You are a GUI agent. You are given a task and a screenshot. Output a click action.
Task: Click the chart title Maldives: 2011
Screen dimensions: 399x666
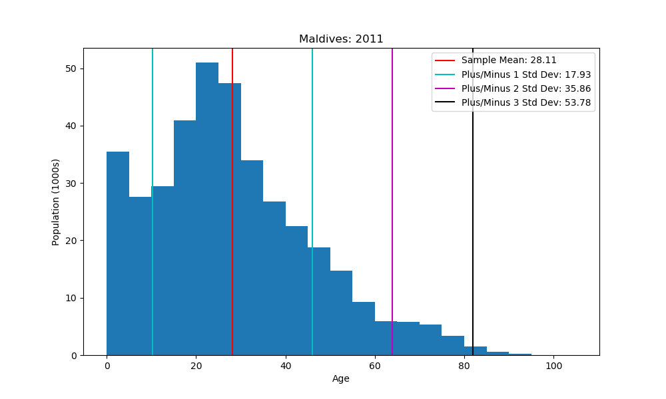pos(341,39)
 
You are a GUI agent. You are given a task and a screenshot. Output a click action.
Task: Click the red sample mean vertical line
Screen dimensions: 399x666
pos(232,199)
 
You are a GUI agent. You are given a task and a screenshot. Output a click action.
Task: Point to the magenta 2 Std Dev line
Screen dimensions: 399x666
pos(392,199)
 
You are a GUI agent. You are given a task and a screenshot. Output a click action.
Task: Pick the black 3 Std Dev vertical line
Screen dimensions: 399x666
pos(473,199)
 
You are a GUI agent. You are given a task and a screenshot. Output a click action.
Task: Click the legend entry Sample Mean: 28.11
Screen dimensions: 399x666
pos(509,61)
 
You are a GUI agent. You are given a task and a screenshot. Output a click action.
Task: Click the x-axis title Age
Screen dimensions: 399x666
pos(341,379)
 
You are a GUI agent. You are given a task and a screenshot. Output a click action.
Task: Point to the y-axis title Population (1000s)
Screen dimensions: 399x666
pos(56,201)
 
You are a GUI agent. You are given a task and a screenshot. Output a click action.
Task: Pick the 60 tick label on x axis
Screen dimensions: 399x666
pos(375,365)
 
